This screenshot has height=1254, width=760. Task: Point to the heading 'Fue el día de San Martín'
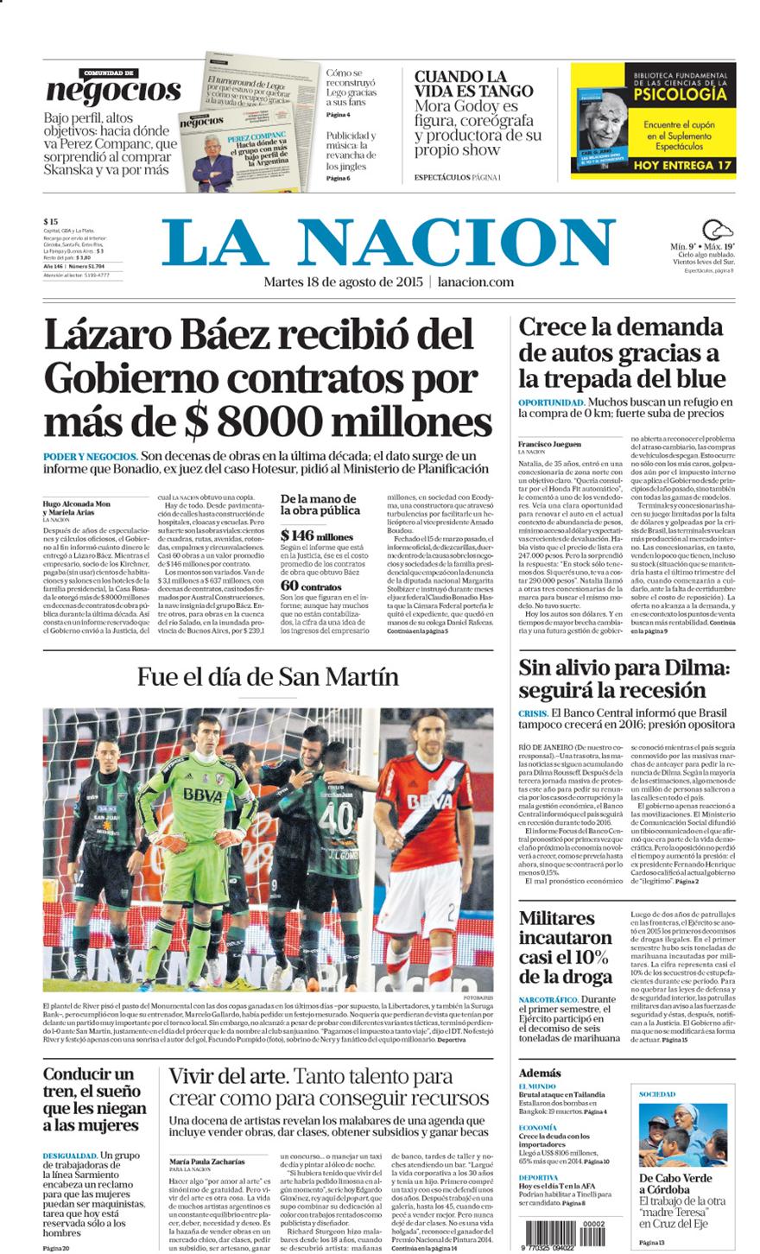coord(268,676)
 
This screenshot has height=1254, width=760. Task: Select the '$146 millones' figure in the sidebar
coord(316,536)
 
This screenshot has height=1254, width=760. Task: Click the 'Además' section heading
coord(540,1073)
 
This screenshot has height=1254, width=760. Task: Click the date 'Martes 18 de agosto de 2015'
coord(342,282)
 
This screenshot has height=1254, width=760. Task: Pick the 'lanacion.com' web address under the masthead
coord(476,282)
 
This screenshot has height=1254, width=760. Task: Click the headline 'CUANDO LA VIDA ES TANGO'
coord(473,84)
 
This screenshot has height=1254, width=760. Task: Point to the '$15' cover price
coord(51,222)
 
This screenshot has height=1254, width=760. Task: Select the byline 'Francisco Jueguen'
coord(549,444)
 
